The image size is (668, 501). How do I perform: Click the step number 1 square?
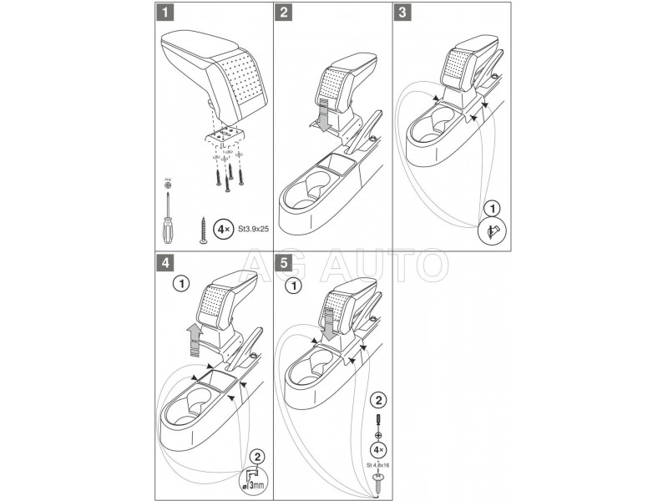[167, 14]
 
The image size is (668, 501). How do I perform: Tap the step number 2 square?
[286, 14]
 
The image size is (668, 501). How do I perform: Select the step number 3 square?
[404, 14]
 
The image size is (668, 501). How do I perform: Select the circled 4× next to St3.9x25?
[223, 226]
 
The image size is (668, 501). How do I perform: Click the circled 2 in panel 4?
[258, 457]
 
